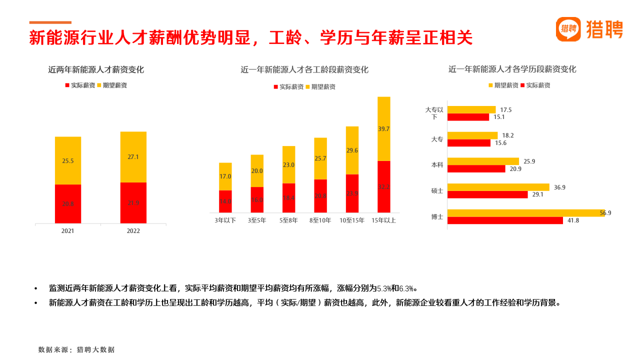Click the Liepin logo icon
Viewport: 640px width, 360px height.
pos(568,29)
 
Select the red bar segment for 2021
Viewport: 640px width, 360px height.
pos(68,203)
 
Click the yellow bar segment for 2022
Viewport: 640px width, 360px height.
pos(133,157)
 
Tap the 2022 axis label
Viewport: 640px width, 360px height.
pos(133,231)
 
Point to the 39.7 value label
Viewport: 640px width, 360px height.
pos(384,129)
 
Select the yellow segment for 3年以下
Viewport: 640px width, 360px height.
pos(225,176)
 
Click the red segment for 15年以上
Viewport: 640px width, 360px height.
pos(384,187)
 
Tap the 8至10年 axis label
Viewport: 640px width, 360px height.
pos(320,220)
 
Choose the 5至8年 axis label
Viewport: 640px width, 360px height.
pos(288,220)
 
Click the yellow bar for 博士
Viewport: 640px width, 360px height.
pos(526,213)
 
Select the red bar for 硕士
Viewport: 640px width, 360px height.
pos(487,194)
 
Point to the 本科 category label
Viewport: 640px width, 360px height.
pos(437,165)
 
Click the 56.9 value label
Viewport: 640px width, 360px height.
pos(605,213)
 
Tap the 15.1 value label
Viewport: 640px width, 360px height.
pos(499,117)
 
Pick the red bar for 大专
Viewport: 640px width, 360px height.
pos(469,143)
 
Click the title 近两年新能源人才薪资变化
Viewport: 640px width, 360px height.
pos(96,70)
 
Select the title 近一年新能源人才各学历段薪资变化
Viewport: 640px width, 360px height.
pos(512,69)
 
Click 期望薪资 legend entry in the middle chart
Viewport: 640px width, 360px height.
pos(323,87)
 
